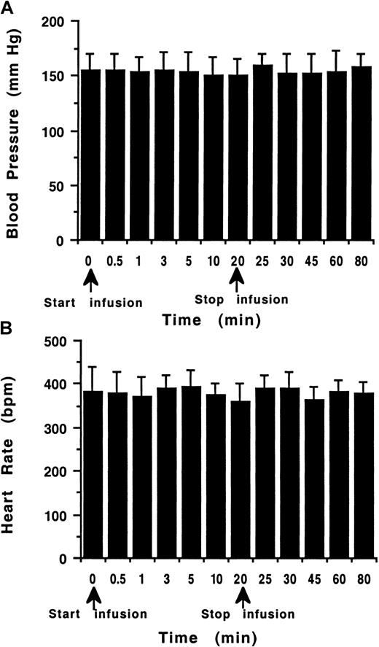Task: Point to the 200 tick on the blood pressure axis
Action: coord(60,22)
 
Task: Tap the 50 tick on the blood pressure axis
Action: coord(64,185)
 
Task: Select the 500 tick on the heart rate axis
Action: coord(58,341)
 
